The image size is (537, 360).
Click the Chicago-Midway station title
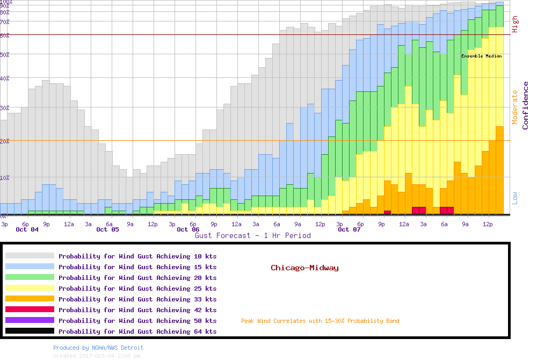(304, 268)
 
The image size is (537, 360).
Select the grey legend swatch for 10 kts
(30, 256)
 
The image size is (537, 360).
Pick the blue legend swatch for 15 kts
(30, 267)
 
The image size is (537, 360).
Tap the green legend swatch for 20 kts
(30, 278)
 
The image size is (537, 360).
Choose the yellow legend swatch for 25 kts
(30, 289)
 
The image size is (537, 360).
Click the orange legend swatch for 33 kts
(30, 299)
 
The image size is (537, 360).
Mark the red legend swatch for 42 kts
(30, 309)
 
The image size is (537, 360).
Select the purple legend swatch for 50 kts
(30, 320)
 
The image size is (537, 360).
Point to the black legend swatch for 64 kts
(30, 331)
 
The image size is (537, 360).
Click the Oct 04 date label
(27, 230)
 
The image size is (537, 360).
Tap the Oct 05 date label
(107, 230)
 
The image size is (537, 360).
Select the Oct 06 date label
(188, 230)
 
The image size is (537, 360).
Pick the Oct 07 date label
(349, 230)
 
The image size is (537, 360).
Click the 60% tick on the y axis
(5, 35)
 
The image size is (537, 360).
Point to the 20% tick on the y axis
(5, 141)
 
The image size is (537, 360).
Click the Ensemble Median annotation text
(481, 56)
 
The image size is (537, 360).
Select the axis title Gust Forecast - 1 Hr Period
(252, 236)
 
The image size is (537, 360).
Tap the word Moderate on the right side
(515, 107)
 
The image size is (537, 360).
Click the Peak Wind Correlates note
(320, 321)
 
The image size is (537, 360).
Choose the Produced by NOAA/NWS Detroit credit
(98, 348)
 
